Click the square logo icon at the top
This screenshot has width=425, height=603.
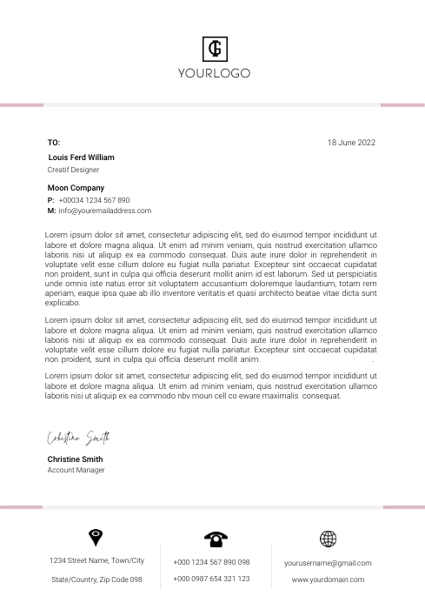pos(214,48)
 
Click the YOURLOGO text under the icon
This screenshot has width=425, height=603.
pos(214,73)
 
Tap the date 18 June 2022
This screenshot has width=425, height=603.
pos(351,142)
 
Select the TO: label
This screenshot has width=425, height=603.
pos(54,142)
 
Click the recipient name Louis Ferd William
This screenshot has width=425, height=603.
pos(81,157)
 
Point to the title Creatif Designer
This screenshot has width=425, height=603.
pos(73,170)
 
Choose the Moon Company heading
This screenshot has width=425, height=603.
pos(76,188)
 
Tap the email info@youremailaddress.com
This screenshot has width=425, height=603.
pos(105,211)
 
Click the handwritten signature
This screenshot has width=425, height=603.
pos(78,437)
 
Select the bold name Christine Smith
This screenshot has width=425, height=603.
pos(75,459)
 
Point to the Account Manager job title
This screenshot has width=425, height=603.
pos(76,470)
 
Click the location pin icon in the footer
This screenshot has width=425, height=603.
pos(96,537)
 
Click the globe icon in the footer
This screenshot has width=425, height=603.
pos(328,539)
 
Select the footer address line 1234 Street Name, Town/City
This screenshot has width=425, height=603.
pos(97,560)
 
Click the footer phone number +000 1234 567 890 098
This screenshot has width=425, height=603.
pos(211,562)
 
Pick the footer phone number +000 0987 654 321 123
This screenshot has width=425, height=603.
pos(211,578)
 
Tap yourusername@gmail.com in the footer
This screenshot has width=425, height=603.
pos(328,563)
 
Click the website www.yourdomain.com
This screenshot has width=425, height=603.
pos(328,579)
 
